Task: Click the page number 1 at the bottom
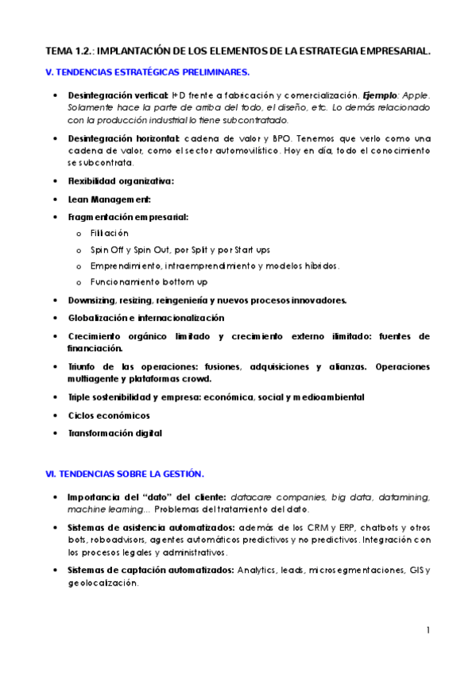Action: pos(428,630)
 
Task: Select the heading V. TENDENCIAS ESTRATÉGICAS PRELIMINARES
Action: pos(149,72)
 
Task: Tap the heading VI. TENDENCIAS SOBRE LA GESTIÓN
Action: pos(126,475)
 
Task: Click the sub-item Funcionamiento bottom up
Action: pos(138,282)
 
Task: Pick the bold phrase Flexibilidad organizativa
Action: pos(121,180)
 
